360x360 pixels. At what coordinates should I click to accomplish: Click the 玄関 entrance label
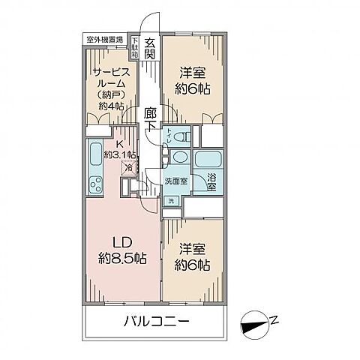click(149, 49)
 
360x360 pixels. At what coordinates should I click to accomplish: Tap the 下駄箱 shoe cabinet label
click(135, 49)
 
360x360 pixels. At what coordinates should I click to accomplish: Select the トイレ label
click(172, 138)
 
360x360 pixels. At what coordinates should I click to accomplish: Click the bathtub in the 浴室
click(208, 158)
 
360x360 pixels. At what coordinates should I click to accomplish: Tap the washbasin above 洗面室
click(179, 158)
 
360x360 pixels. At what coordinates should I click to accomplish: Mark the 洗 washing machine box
click(171, 200)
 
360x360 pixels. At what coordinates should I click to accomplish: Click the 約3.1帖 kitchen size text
click(121, 154)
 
